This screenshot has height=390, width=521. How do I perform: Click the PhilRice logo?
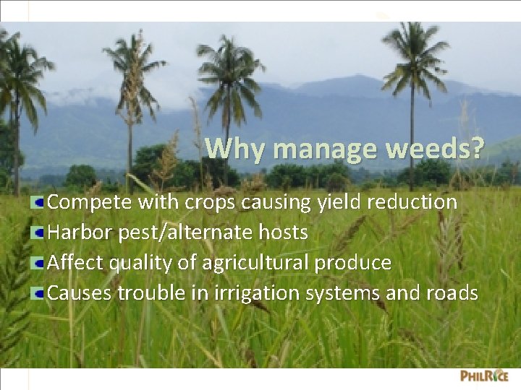coord(484,376)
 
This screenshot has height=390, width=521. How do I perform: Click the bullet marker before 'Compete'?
coord(38,202)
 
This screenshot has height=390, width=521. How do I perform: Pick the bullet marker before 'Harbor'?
coord(38,233)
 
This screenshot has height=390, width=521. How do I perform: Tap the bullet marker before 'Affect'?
coord(38,263)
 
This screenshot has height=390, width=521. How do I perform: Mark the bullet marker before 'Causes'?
coord(38,293)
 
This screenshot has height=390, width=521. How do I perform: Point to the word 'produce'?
coord(352,264)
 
